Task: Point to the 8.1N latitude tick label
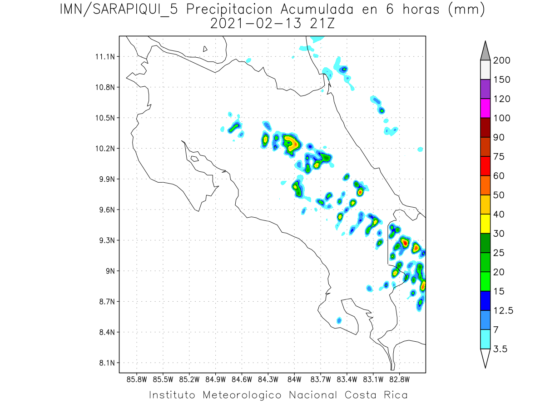coord(106,363)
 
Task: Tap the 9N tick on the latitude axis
coord(110,271)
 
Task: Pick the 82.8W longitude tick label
coord(399,379)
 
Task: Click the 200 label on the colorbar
coord(502,60)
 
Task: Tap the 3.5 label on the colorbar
coord(500,349)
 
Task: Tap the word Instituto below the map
coord(172,395)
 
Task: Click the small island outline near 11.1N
coord(205,49)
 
